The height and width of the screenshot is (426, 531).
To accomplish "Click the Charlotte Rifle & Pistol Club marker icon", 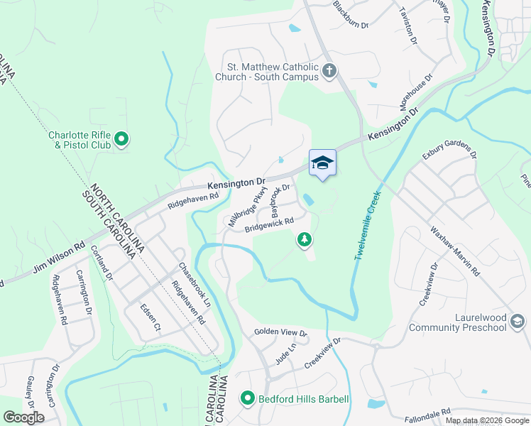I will pyautogui.click(x=121, y=139).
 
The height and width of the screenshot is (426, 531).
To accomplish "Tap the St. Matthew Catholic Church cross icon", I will pyautogui.click(x=329, y=70).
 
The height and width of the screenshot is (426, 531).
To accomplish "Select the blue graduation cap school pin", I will pyautogui.click(x=322, y=163).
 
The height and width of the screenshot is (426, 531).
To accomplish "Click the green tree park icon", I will pyautogui.click(x=305, y=240).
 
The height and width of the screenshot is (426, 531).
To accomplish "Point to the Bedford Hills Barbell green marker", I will pyautogui.click(x=247, y=399).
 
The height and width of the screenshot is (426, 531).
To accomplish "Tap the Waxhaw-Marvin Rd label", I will pyautogui.click(x=455, y=251).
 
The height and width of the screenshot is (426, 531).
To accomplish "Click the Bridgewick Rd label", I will pyautogui.click(x=269, y=225).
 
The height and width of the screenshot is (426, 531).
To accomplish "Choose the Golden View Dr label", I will pyautogui.click(x=280, y=333).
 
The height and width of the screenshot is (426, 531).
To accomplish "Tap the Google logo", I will pyautogui.click(x=23, y=417).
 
